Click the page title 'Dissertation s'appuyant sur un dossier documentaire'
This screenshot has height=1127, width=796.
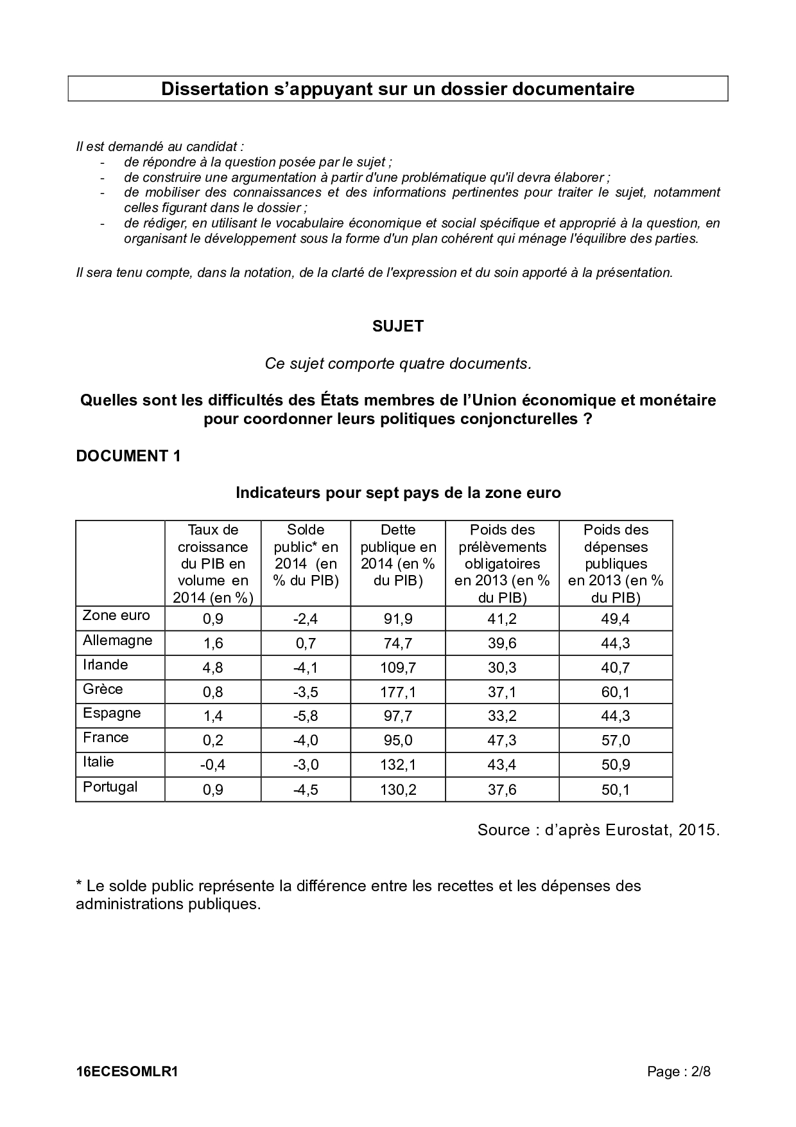[x=397, y=89]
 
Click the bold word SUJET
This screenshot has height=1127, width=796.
[x=398, y=326]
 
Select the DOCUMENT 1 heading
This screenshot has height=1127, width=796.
[x=128, y=456]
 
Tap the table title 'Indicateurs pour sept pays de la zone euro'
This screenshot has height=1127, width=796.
[x=398, y=493]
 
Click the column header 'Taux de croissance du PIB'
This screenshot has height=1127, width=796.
[x=212, y=563]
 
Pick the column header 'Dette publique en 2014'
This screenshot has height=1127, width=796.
[x=398, y=555]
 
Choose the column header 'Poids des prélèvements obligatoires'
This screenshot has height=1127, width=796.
[x=502, y=563]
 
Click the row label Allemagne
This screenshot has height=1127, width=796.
[x=117, y=641]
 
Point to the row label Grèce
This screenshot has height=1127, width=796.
[x=103, y=689]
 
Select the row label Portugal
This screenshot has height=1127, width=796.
[x=110, y=787]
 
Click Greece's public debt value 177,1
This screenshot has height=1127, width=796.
[x=398, y=692]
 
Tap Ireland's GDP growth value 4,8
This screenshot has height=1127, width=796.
[x=212, y=668]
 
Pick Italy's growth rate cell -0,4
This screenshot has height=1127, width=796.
[x=212, y=765]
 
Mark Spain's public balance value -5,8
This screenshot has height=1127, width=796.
[x=306, y=716]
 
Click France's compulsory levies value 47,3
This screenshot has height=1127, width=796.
[x=502, y=741]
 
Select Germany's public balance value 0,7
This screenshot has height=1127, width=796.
[x=306, y=643]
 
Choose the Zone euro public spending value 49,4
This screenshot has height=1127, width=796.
[x=616, y=619]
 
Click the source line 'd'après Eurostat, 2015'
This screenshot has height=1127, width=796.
[x=598, y=830]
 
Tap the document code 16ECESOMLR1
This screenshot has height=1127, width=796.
[x=126, y=1072]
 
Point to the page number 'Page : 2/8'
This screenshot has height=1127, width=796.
[x=679, y=1072]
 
